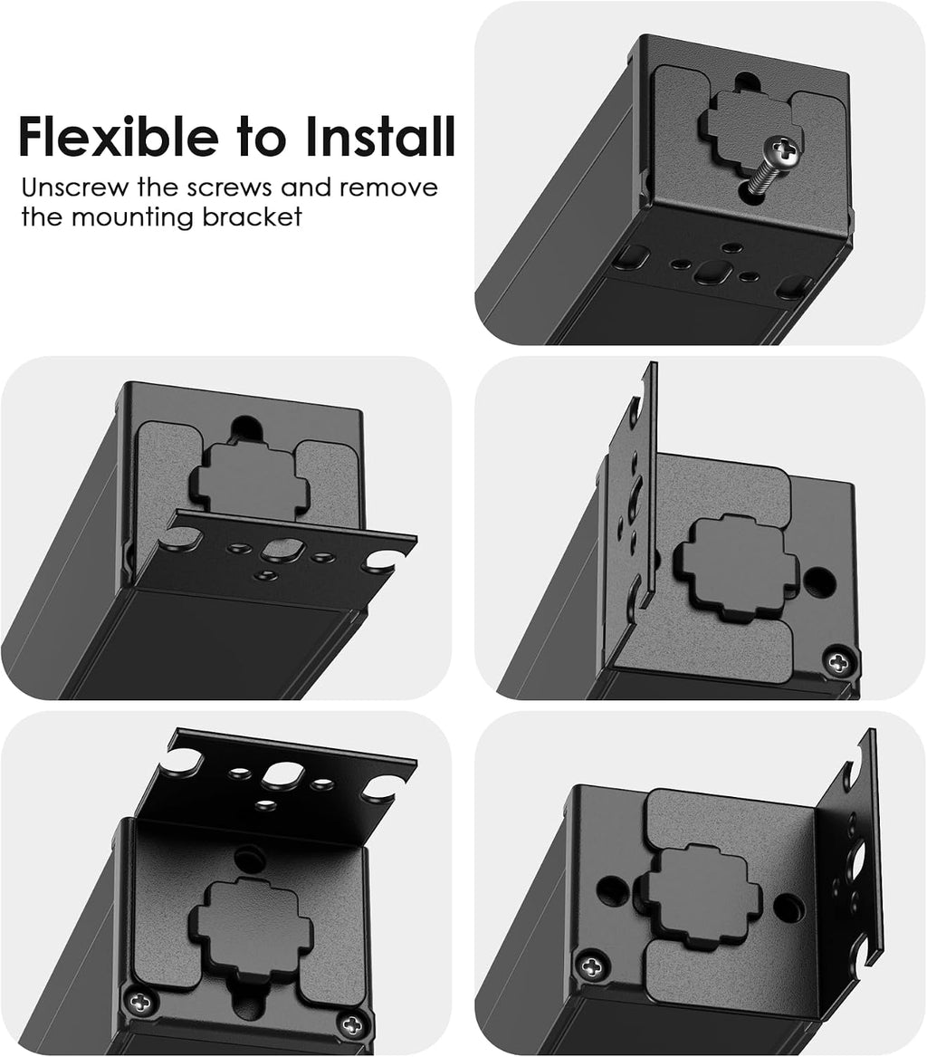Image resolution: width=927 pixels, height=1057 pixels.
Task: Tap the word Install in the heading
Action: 380,136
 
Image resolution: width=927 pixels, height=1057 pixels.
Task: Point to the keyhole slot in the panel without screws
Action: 247,427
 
